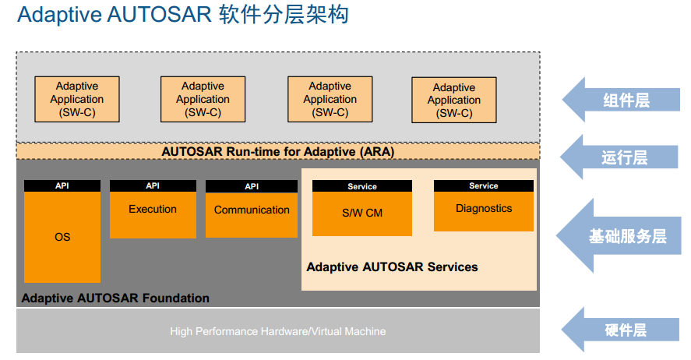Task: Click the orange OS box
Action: (x=62, y=237)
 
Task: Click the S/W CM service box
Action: (x=362, y=213)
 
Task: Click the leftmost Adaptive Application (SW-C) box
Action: (x=77, y=99)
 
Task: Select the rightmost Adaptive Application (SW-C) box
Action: (x=454, y=101)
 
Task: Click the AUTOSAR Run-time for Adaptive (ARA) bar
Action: (x=278, y=151)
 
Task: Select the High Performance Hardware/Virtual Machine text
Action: (x=278, y=331)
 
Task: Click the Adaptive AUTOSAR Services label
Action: (x=392, y=266)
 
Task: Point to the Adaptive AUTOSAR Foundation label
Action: (x=115, y=298)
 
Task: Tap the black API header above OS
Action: (x=62, y=186)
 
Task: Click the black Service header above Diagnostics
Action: (x=484, y=186)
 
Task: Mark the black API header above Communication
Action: (x=252, y=186)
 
